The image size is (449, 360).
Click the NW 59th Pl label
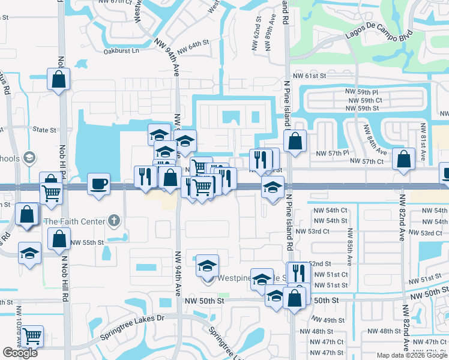(361, 91)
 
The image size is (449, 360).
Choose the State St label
(44, 130)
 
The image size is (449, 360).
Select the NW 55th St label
(87, 243)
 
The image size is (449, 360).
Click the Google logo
(20, 353)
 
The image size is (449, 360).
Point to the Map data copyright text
(412, 355)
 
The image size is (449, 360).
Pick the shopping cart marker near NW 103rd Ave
(32, 336)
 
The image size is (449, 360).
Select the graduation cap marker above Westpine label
(207, 265)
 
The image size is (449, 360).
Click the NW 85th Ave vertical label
(348, 237)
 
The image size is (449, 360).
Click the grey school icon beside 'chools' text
(29, 158)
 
